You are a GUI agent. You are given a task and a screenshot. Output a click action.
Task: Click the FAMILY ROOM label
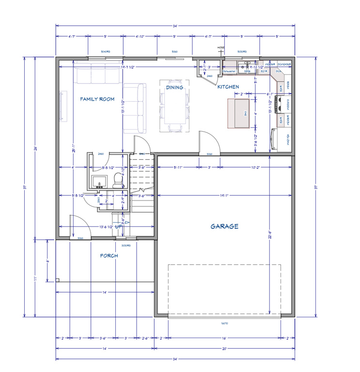pos(97,99)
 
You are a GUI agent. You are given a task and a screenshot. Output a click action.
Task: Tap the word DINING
pos(174,88)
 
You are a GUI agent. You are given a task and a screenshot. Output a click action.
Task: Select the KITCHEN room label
pos(228,87)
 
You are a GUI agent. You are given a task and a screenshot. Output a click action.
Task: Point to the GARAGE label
pos(224,226)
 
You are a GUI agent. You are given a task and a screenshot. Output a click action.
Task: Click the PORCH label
pos(109,255)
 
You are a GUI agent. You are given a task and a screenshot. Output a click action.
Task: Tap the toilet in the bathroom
pos(117,180)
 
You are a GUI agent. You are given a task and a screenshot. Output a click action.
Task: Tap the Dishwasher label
pos(229,72)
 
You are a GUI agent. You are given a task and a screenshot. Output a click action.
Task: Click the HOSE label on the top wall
pos(221,47)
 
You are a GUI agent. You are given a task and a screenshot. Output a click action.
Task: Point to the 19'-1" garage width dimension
pos(224,195)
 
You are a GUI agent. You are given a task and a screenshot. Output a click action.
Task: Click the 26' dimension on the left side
pos(35,149)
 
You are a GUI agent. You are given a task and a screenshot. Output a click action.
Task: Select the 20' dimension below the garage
pos(224,348)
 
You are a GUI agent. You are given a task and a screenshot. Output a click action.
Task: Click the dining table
pos(174,107)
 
